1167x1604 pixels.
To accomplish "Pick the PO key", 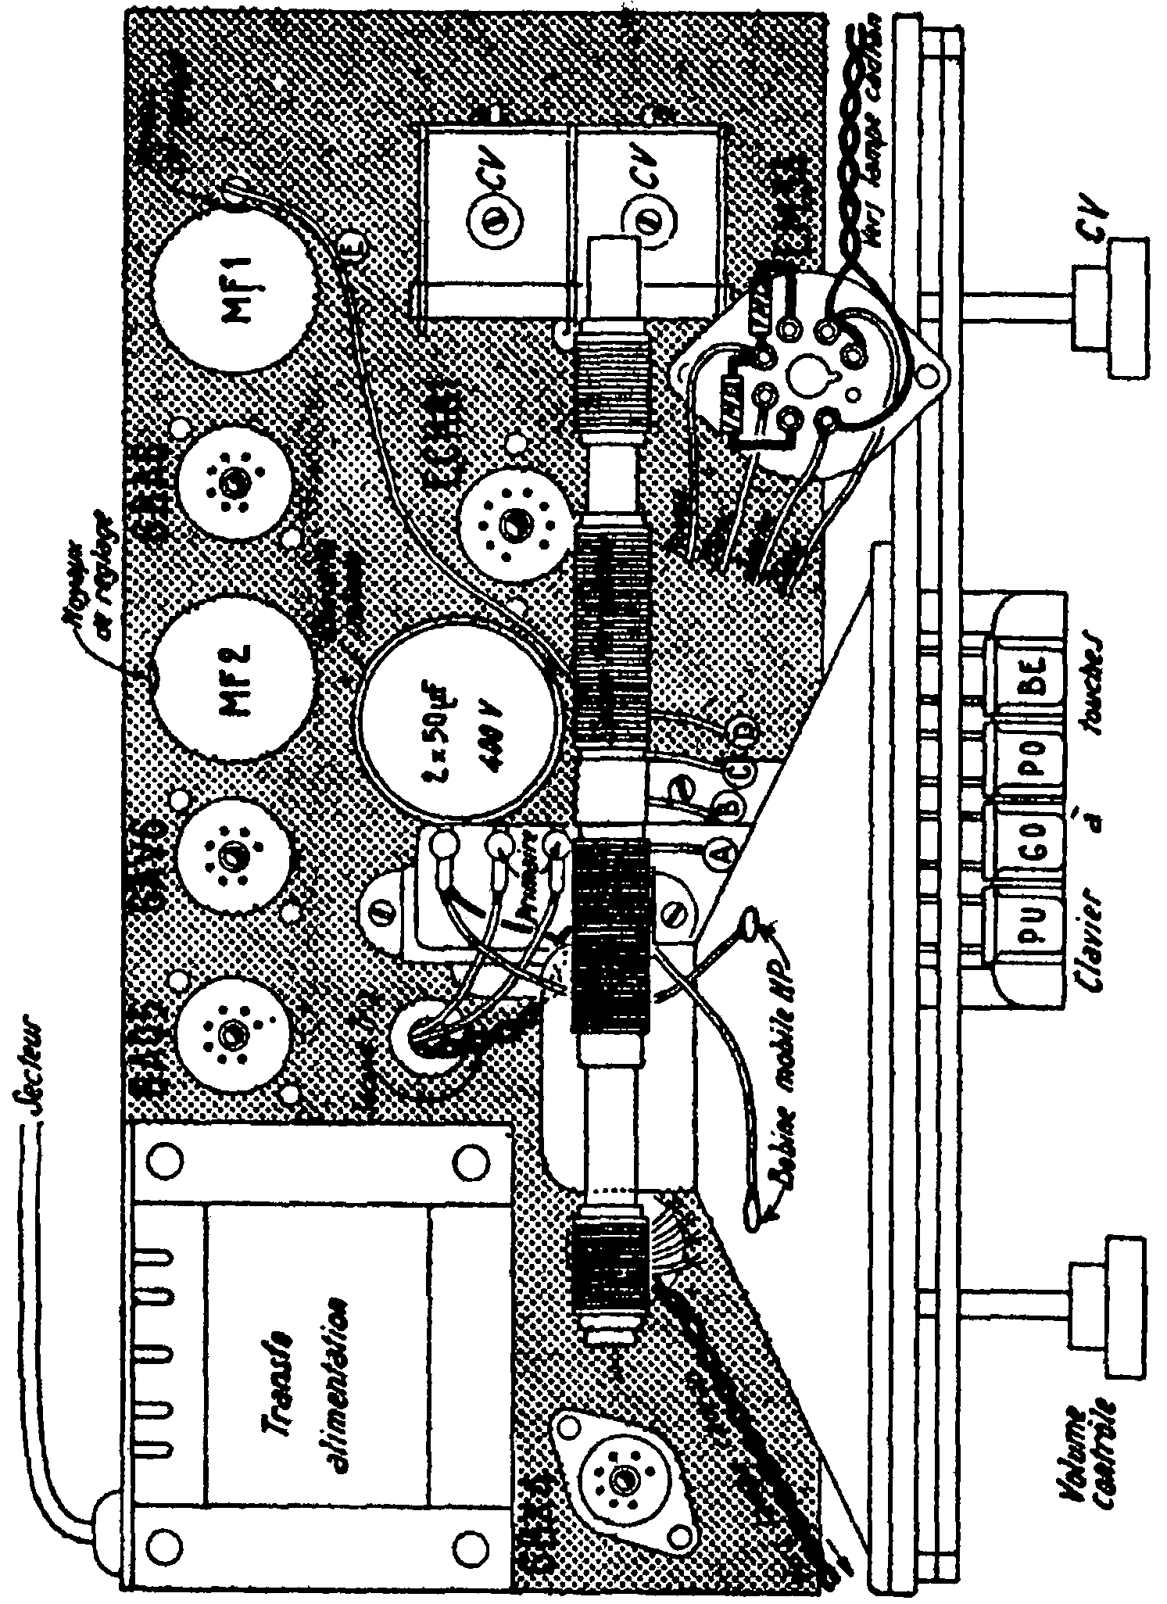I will click(1025, 760).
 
